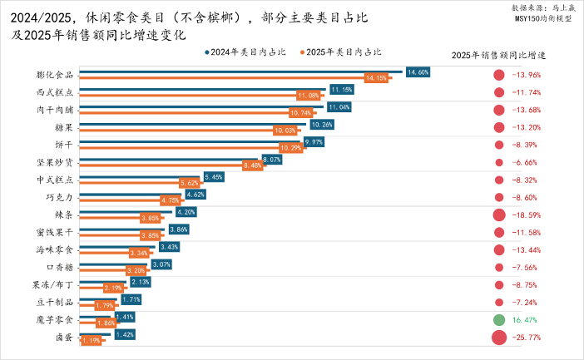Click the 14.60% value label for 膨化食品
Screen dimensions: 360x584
coord(418,72)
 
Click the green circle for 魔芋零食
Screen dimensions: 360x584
coord(499,320)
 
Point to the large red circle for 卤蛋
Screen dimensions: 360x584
coord(499,338)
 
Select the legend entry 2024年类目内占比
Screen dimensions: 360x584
coord(245,52)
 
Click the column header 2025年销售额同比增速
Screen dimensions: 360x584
coord(497,55)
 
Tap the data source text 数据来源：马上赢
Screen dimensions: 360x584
coord(541,7)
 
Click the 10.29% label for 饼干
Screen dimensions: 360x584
coord(290,148)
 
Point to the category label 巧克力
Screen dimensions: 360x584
coord(59,197)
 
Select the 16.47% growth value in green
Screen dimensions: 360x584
coord(526,319)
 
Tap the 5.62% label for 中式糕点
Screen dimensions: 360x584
coord(189,183)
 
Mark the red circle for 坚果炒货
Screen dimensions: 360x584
coord(499,162)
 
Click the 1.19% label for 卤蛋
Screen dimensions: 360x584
coord(91,340)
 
